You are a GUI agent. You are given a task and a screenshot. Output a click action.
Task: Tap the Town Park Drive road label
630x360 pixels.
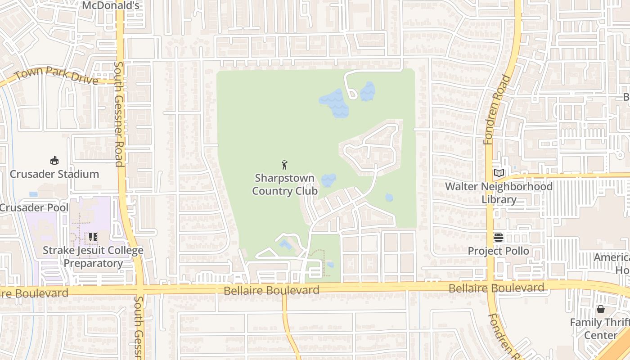click(56, 75)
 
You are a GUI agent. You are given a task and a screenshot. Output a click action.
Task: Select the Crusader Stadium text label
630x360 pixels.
click(54, 174)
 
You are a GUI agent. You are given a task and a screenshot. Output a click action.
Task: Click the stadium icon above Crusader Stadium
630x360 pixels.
click(54, 161)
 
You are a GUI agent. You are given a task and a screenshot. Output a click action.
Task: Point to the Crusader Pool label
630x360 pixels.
click(34, 207)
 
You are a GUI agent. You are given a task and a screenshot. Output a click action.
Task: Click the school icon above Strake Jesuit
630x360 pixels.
click(93, 237)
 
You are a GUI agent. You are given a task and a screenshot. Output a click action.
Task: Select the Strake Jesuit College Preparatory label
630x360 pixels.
click(93, 256)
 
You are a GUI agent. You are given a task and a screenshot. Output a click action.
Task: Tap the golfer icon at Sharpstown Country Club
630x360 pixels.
click(284, 165)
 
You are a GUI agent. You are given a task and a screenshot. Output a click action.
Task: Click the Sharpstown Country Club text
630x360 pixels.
click(284, 184)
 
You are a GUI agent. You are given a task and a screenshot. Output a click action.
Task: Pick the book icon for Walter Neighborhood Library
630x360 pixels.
click(499, 173)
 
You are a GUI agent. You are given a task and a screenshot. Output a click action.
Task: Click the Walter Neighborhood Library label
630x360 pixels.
click(499, 193)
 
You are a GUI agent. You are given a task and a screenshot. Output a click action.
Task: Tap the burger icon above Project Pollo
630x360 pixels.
click(498, 238)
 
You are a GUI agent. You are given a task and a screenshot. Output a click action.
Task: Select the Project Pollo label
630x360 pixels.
click(498, 251)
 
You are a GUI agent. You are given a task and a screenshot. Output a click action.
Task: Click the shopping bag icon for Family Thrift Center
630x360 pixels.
click(600, 309)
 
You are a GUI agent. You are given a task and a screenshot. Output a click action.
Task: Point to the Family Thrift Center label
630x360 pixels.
click(600, 329)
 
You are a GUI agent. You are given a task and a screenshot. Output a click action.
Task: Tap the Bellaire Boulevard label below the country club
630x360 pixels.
click(272, 290)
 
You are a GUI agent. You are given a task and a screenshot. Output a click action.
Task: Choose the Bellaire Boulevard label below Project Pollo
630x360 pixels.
click(496, 288)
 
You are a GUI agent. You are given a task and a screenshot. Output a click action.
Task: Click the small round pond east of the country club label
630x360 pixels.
click(389, 197)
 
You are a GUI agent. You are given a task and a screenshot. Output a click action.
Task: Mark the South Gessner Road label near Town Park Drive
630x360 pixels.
click(119, 114)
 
